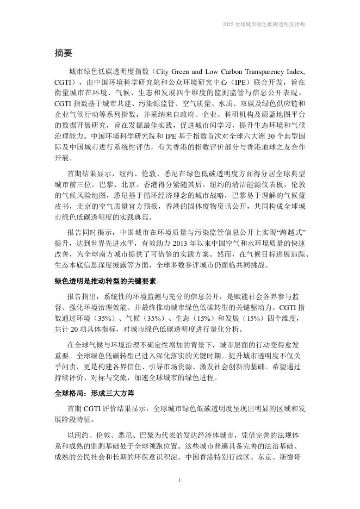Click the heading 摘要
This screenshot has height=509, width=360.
click(x=64, y=53)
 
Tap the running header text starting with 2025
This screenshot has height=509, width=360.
click(x=264, y=24)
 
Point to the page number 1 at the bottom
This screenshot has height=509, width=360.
click(x=180, y=480)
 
